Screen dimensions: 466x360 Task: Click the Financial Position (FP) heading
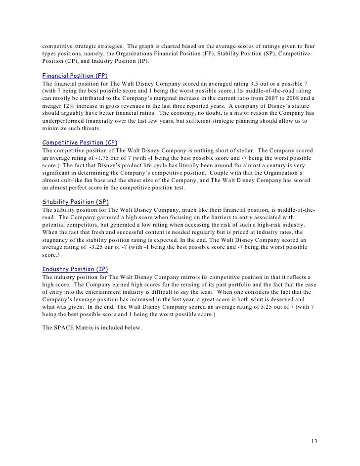click(75, 76)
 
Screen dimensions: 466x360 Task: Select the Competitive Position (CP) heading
click(80, 142)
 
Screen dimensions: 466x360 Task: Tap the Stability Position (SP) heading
click(76, 202)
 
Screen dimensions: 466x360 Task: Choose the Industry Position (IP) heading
click(75, 269)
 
